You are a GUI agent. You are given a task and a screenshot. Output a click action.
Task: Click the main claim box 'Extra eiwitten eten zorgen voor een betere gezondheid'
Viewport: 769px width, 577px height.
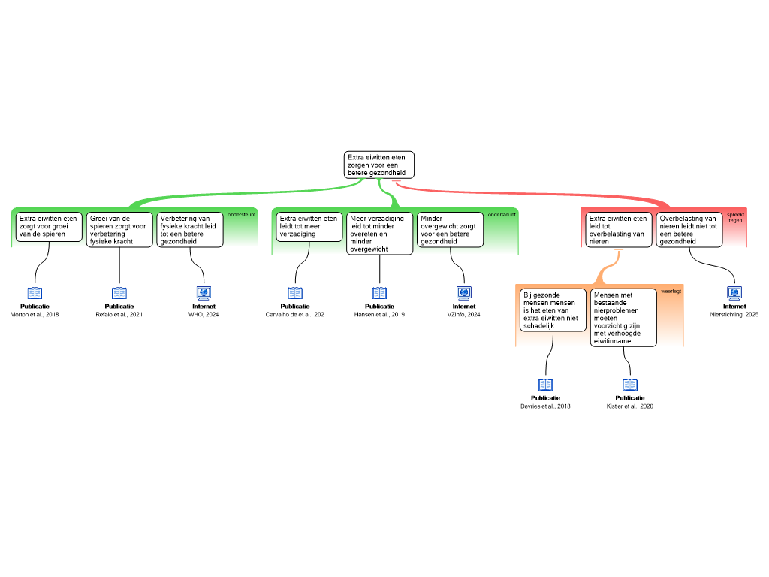tap(379, 165)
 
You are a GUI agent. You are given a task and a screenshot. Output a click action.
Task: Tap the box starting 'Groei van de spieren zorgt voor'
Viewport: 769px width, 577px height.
tap(119, 230)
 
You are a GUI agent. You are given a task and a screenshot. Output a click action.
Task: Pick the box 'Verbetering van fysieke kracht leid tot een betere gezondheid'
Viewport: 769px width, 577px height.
tap(190, 230)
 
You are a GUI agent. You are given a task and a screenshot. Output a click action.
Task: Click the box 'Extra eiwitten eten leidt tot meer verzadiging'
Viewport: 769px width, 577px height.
tap(309, 227)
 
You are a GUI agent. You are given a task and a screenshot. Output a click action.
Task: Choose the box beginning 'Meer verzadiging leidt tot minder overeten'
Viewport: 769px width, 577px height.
tap(379, 234)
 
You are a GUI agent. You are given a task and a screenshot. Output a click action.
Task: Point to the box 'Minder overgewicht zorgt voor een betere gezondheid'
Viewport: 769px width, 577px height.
tap(450, 230)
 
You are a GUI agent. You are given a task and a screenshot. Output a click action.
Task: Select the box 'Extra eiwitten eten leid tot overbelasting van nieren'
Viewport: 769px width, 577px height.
tap(619, 230)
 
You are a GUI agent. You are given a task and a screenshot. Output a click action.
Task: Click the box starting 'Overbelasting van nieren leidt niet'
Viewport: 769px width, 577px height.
tap(689, 230)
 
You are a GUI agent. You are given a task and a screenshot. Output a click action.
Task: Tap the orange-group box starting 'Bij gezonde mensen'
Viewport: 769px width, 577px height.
tap(553, 310)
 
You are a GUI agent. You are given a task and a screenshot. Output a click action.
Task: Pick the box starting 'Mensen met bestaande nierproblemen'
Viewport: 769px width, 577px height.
tap(623, 318)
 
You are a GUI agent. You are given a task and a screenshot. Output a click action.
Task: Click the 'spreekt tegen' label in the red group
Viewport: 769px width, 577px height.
tap(735, 217)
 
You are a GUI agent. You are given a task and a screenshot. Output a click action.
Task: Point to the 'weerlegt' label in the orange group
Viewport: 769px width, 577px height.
tap(671, 291)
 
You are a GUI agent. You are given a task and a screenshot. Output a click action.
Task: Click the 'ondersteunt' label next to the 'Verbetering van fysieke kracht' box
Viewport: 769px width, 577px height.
tap(241, 215)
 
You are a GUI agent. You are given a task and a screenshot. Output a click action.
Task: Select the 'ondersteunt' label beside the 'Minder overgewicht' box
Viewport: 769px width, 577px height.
tap(502, 215)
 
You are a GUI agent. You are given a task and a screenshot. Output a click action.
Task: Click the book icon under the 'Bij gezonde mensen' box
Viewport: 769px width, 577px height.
tap(546, 385)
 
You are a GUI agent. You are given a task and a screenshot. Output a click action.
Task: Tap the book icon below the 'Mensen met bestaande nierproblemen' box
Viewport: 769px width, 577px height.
tap(630, 385)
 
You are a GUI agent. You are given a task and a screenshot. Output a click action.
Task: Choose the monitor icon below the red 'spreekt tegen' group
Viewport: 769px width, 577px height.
tap(734, 293)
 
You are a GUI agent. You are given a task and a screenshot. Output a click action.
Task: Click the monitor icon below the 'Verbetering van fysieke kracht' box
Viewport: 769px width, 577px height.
tap(204, 293)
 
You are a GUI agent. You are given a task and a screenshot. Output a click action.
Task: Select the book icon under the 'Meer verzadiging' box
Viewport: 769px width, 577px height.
tap(380, 293)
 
